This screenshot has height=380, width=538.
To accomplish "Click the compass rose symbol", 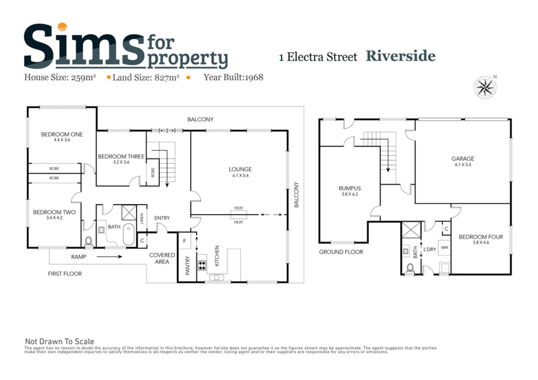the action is pyautogui.click(x=485, y=87).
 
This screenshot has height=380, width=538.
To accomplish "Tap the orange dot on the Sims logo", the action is pyautogui.click(x=62, y=27).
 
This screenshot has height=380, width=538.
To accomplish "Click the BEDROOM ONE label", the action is pyautogui.click(x=62, y=134).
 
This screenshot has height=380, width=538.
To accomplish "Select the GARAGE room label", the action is pyautogui.click(x=463, y=159).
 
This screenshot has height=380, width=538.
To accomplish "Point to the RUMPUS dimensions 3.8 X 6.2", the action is pyautogui.click(x=350, y=194).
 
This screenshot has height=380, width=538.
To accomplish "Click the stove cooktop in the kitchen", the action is pyautogui.click(x=202, y=265).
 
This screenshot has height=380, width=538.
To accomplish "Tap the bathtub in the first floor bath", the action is pyautogui.click(x=129, y=234).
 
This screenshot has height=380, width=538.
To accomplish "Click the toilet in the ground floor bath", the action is pyautogui.click(x=410, y=268).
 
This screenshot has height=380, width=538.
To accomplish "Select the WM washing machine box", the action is pyautogui.click(x=444, y=247).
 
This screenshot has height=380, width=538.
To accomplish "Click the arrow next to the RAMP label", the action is pyautogui.click(x=109, y=257).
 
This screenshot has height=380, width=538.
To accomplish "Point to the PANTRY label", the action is pyautogui.click(x=187, y=265).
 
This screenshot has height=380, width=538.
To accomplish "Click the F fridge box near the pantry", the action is pyautogui.click(x=185, y=241).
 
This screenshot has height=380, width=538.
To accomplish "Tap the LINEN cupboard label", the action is pyautogui.click(x=142, y=218).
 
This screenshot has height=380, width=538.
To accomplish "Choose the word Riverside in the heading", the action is pyautogui.click(x=401, y=56).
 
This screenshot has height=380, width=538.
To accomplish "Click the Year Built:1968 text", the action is pyautogui.click(x=233, y=77).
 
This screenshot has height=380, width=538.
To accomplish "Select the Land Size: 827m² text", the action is pyautogui.click(x=146, y=78).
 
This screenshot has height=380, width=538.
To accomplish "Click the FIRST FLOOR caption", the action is pyautogui.click(x=65, y=274).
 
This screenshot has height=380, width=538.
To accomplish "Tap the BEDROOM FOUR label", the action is pyautogui.click(x=481, y=237).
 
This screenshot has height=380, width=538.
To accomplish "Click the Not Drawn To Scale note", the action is pyautogui.click(x=60, y=341).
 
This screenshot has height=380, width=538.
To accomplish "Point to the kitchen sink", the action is pyautogui.click(x=216, y=278).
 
